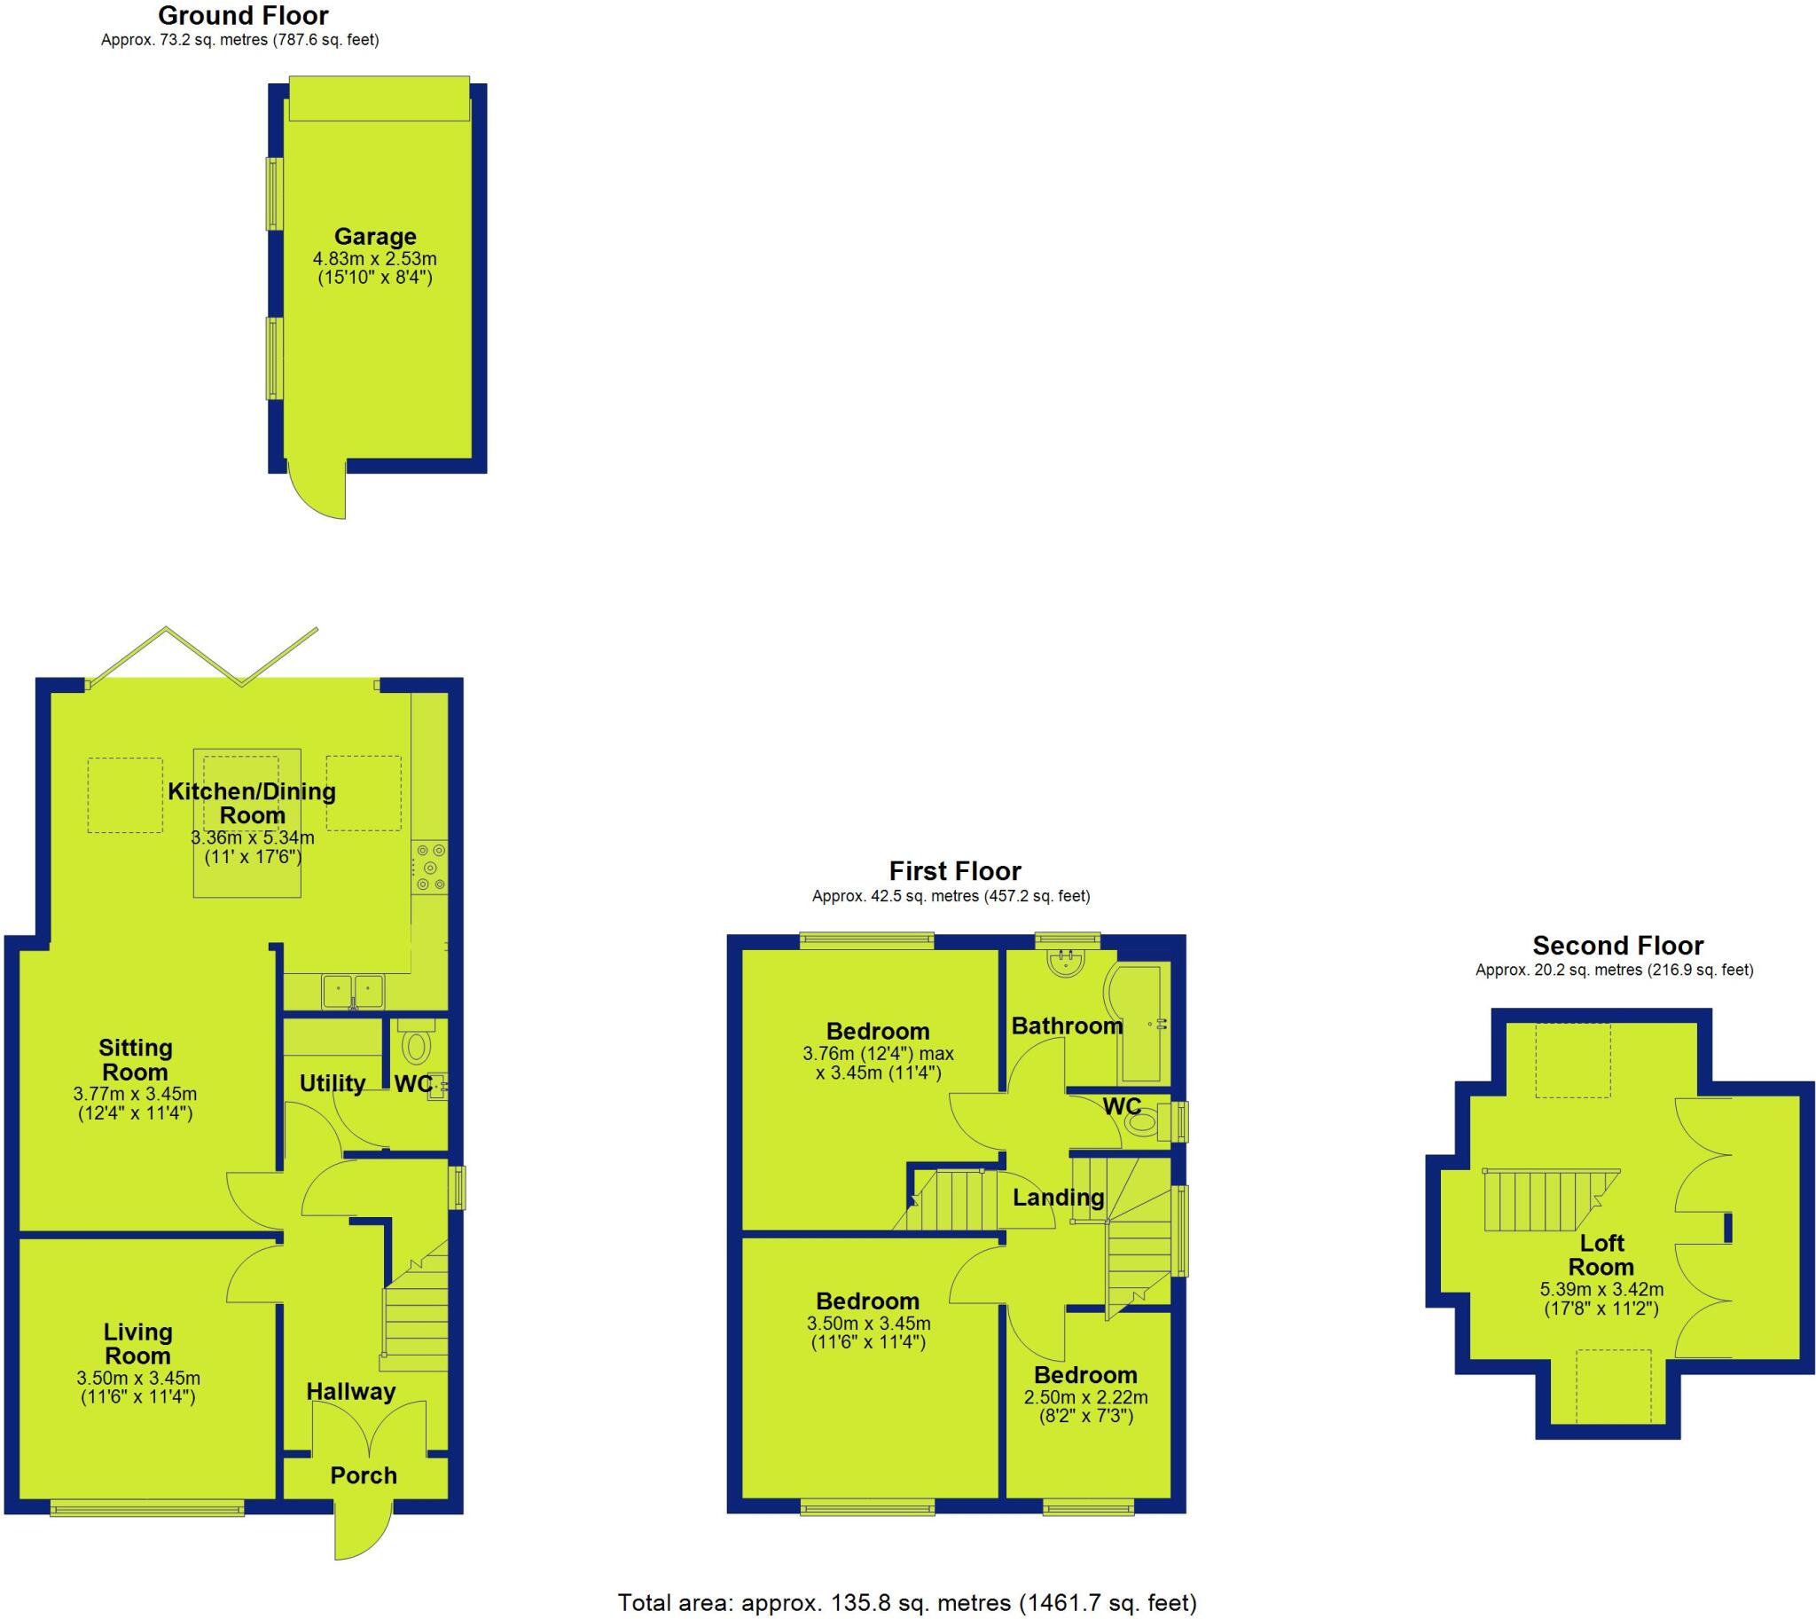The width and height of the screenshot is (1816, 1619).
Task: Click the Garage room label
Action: (x=374, y=237)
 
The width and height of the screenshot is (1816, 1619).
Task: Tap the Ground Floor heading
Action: (x=243, y=15)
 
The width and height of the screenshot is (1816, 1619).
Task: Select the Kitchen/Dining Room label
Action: (x=252, y=803)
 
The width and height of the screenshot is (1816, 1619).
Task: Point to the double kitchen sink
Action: (x=353, y=990)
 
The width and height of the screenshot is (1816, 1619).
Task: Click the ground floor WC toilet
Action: (x=416, y=1045)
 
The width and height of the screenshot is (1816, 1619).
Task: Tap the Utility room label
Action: (x=332, y=1083)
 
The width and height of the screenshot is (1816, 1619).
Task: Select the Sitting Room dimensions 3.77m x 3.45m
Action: (x=135, y=1094)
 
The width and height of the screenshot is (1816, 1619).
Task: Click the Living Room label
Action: (x=137, y=1343)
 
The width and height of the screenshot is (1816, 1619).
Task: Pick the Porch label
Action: (x=364, y=1476)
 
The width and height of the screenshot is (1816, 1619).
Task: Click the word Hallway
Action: (x=351, y=1392)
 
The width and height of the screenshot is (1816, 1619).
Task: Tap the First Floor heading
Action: (x=955, y=871)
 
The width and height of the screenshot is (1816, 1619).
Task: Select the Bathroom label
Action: (x=1067, y=1026)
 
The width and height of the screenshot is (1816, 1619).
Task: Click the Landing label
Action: (x=1058, y=1198)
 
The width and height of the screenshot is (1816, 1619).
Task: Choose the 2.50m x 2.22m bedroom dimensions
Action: (x=1086, y=1397)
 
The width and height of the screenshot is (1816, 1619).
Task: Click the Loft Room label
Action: (x=1601, y=1254)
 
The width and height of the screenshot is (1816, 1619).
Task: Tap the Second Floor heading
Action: (x=1617, y=946)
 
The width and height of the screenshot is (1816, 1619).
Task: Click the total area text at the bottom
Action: (x=907, y=1603)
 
